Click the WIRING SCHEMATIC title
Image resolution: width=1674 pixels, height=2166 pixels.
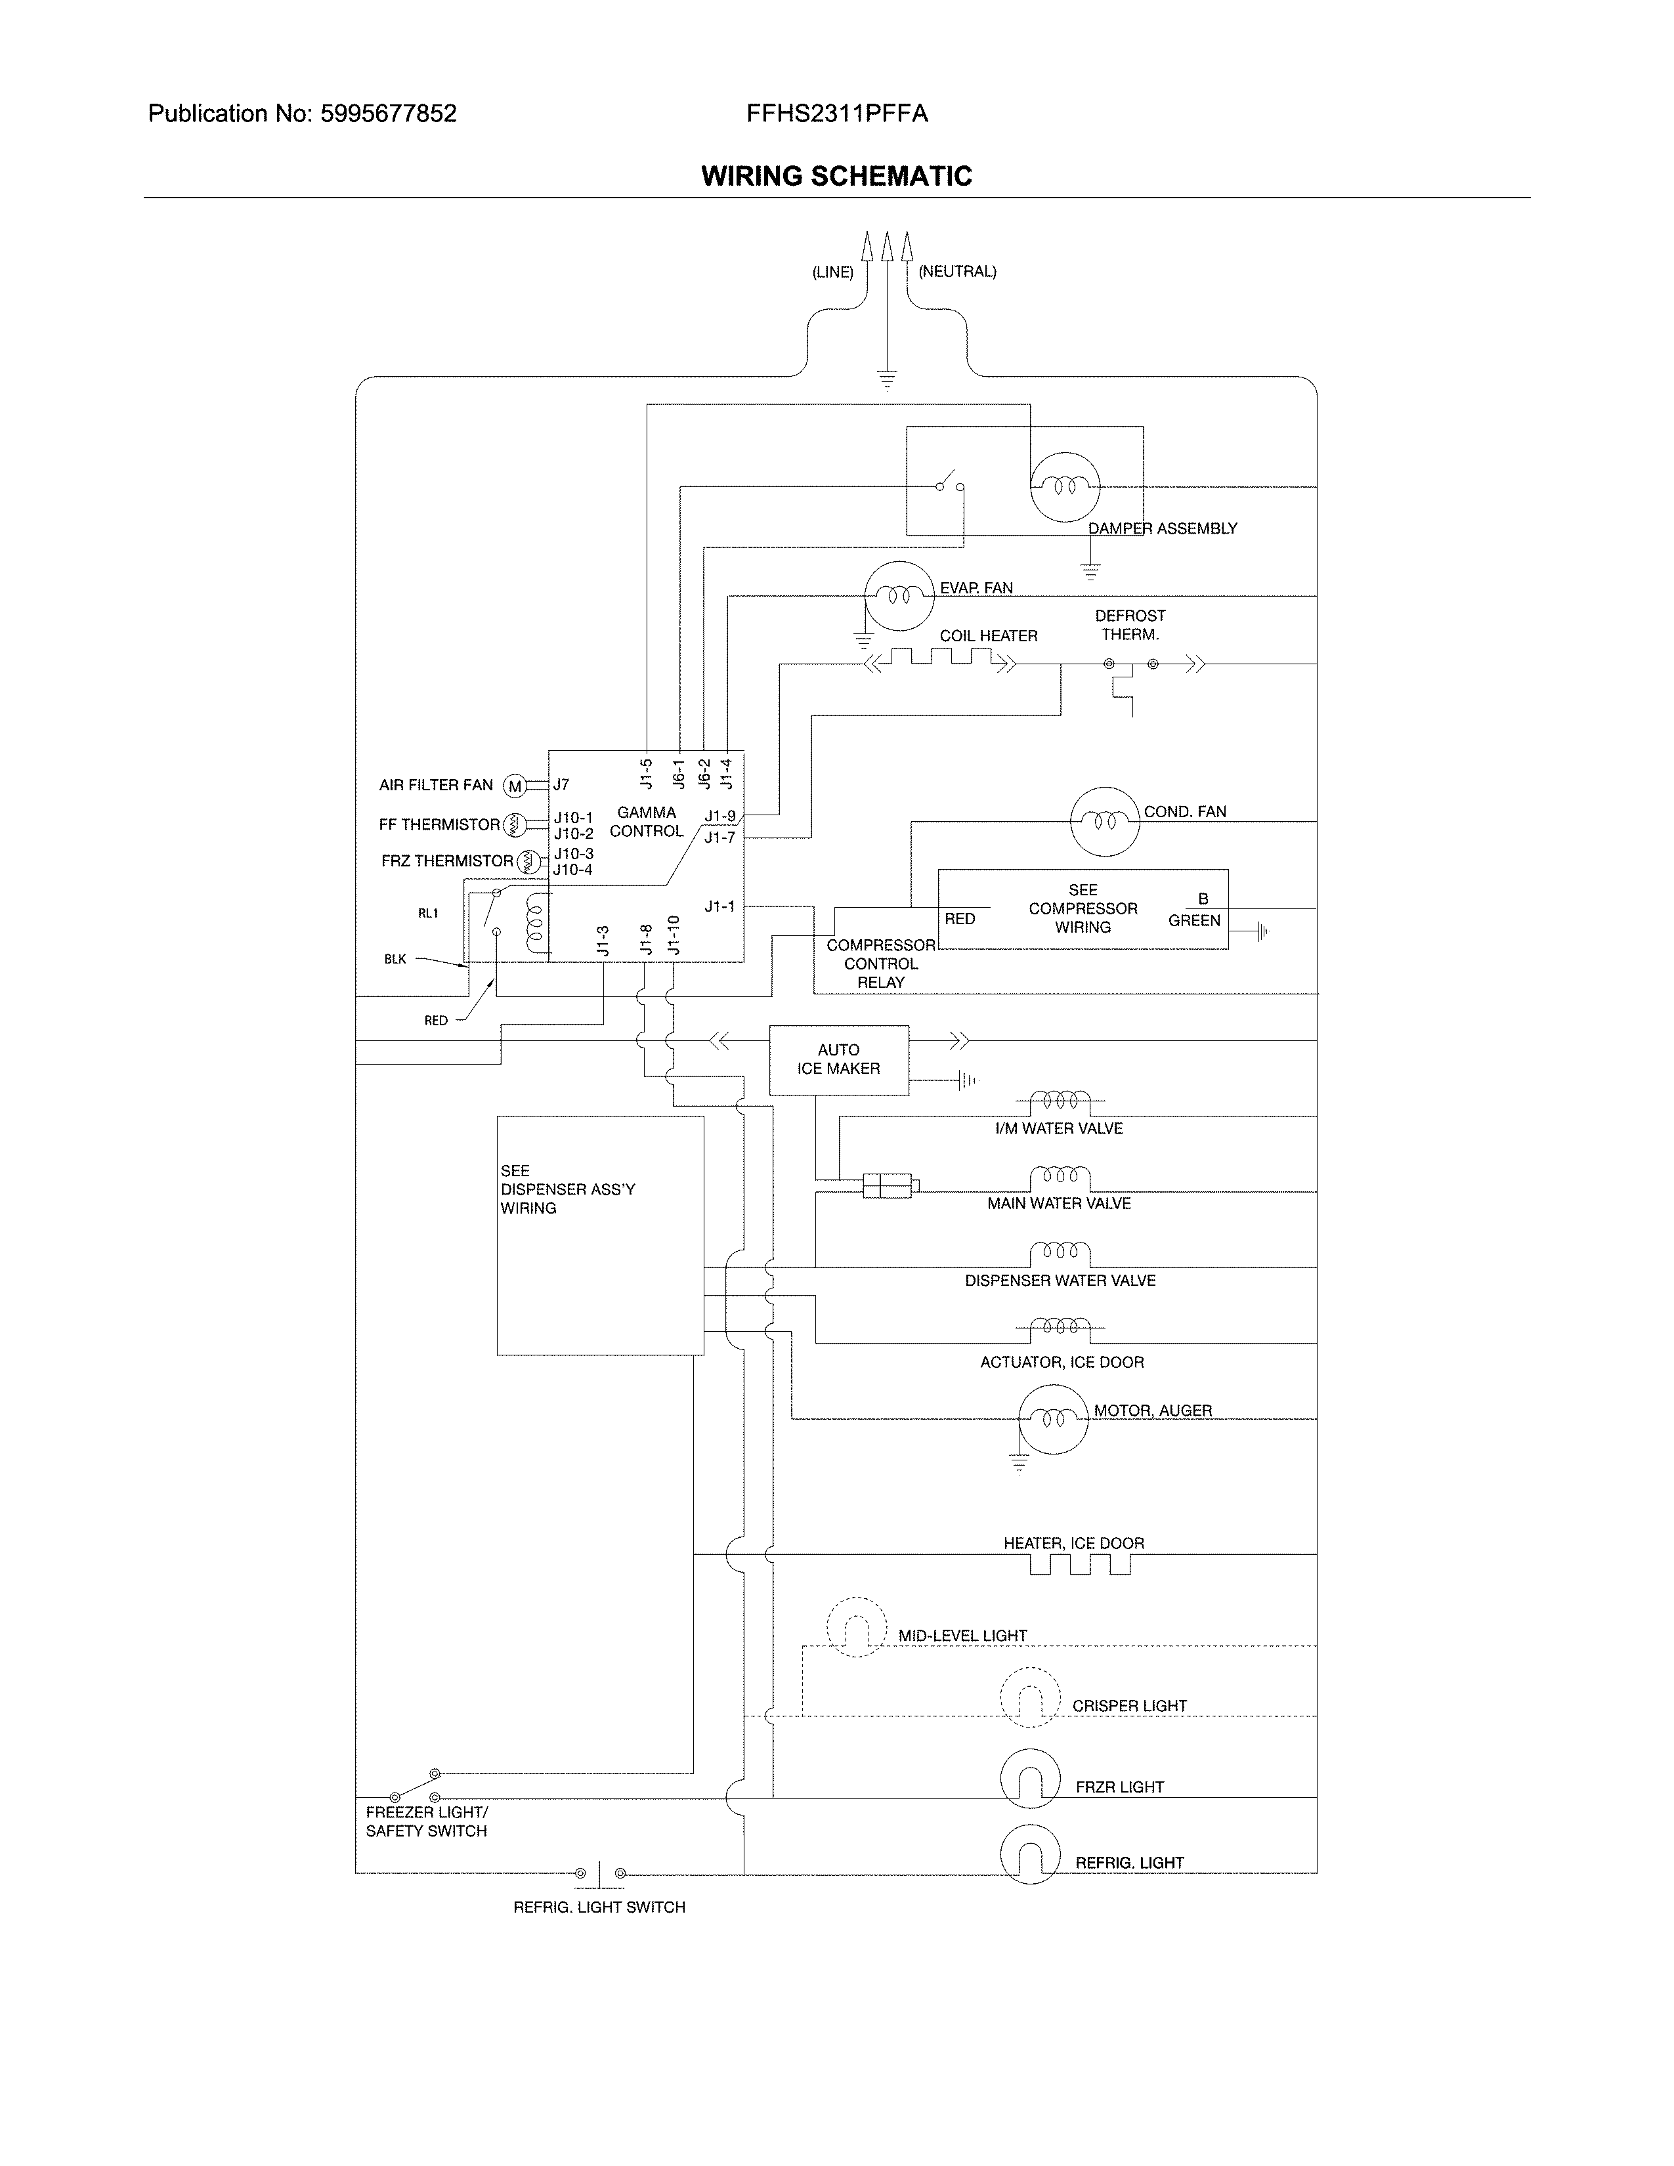(836, 177)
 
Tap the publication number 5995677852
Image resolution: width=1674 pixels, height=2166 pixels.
(388, 114)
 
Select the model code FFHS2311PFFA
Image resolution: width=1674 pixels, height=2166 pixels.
(837, 114)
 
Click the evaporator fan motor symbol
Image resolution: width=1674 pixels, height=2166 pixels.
(899, 595)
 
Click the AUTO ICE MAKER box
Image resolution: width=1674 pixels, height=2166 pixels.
(838, 1059)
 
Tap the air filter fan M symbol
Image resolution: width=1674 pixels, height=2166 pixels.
(515, 786)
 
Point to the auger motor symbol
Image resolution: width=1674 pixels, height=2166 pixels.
(1053, 1419)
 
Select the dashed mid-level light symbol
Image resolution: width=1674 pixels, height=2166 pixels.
(855, 1628)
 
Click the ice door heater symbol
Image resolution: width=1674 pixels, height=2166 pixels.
(1080, 1564)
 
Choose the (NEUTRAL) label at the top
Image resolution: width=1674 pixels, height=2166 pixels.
(957, 272)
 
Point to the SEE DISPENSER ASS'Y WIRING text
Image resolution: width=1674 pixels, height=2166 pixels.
(567, 1189)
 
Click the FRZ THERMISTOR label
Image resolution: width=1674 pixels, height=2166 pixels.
(446, 861)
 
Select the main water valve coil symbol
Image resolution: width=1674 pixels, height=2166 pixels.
(1060, 1179)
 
